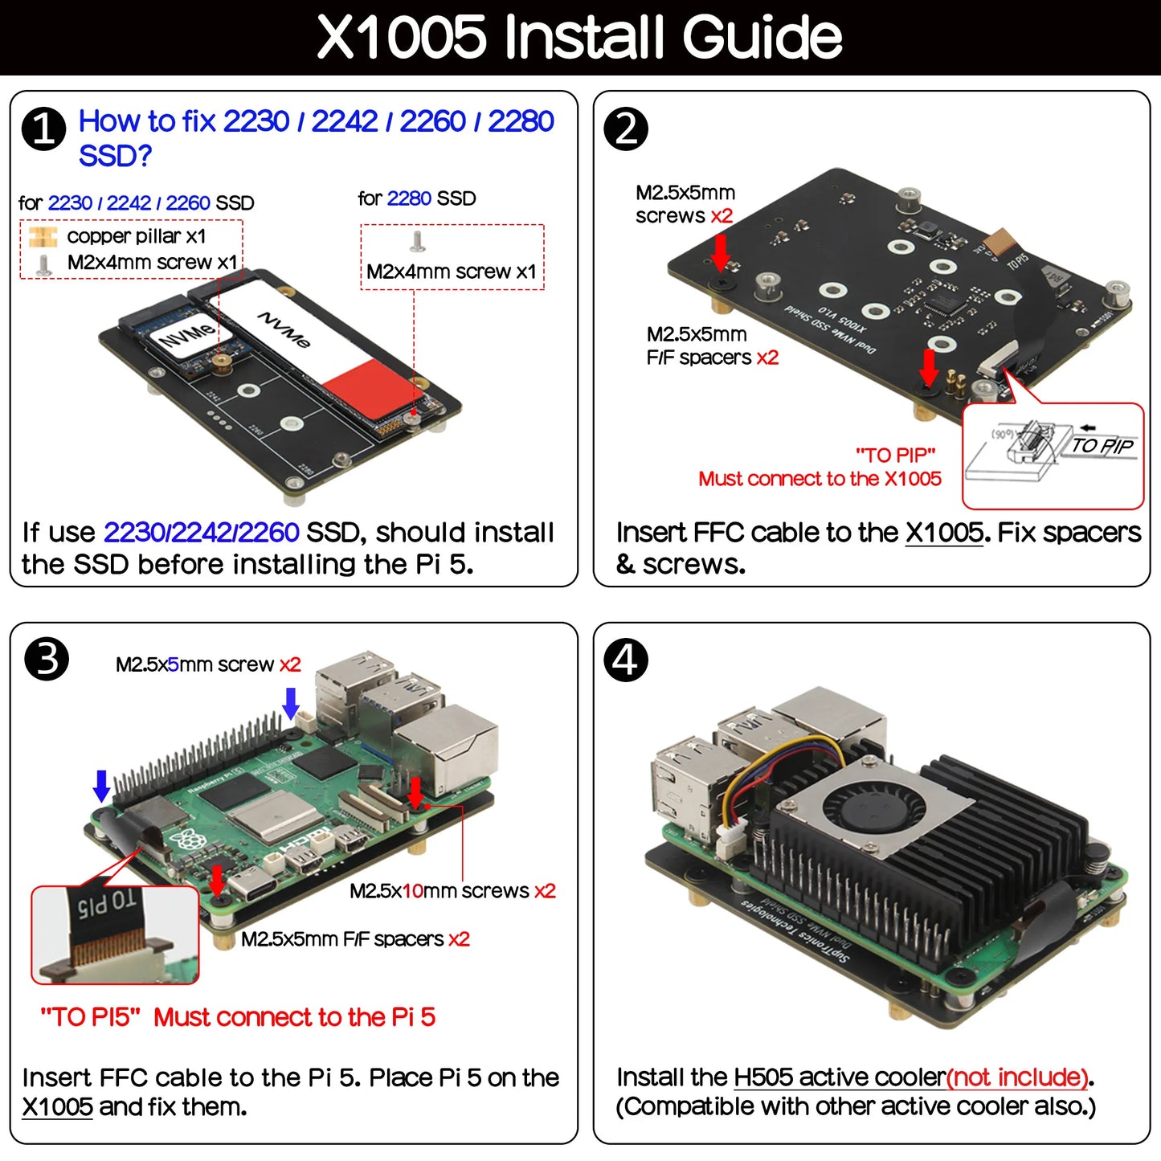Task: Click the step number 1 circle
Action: [43, 129]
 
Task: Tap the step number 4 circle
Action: [625, 660]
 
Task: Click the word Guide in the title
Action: [762, 37]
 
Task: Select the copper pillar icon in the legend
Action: [42, 236]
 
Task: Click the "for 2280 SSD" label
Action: [416, 198]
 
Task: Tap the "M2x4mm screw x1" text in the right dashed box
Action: [451, 272]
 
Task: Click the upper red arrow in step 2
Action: [721, 251]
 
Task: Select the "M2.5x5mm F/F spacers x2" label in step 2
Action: [712, 345]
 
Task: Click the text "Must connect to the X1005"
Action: [820, 479]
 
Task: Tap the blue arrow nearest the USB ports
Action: [291, 703]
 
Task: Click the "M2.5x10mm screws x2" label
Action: [452, 891]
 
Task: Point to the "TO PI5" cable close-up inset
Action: [114, 934]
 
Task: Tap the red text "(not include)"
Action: [1019, 1077]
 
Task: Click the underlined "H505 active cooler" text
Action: [840, 1077]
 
